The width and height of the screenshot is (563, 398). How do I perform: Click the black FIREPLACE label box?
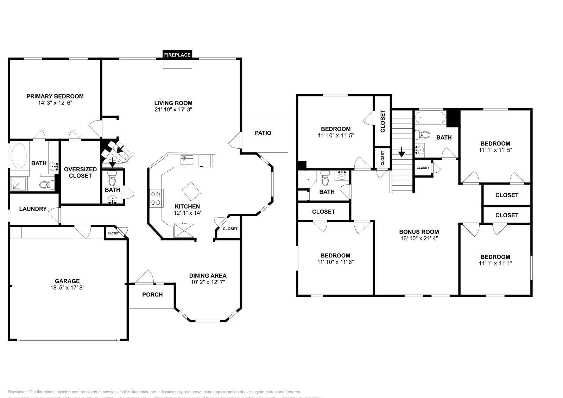[177, 55]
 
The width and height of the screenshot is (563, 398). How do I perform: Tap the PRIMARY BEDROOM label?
[55, 96]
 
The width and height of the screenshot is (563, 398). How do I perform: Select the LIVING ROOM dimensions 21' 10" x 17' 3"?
[173, 109]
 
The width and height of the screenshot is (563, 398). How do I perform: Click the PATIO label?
[263, 133]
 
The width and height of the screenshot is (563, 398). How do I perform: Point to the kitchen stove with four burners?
[156, 198]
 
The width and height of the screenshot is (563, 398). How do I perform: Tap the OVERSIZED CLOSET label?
[80, 172]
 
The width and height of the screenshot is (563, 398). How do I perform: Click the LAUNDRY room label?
[33, 209]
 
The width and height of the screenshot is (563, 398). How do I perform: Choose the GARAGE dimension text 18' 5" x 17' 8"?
[67, 287]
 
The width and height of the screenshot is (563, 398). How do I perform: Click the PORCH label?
[152, 295]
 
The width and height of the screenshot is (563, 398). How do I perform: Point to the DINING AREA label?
[208, 276]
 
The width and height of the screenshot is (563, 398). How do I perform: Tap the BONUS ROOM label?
[419, 232]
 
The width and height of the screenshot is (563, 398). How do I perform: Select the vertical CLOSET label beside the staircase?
[383, 121]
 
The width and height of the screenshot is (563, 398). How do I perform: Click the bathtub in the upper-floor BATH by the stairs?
[430, 117]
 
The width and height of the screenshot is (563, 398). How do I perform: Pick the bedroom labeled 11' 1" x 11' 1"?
[495, 260]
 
